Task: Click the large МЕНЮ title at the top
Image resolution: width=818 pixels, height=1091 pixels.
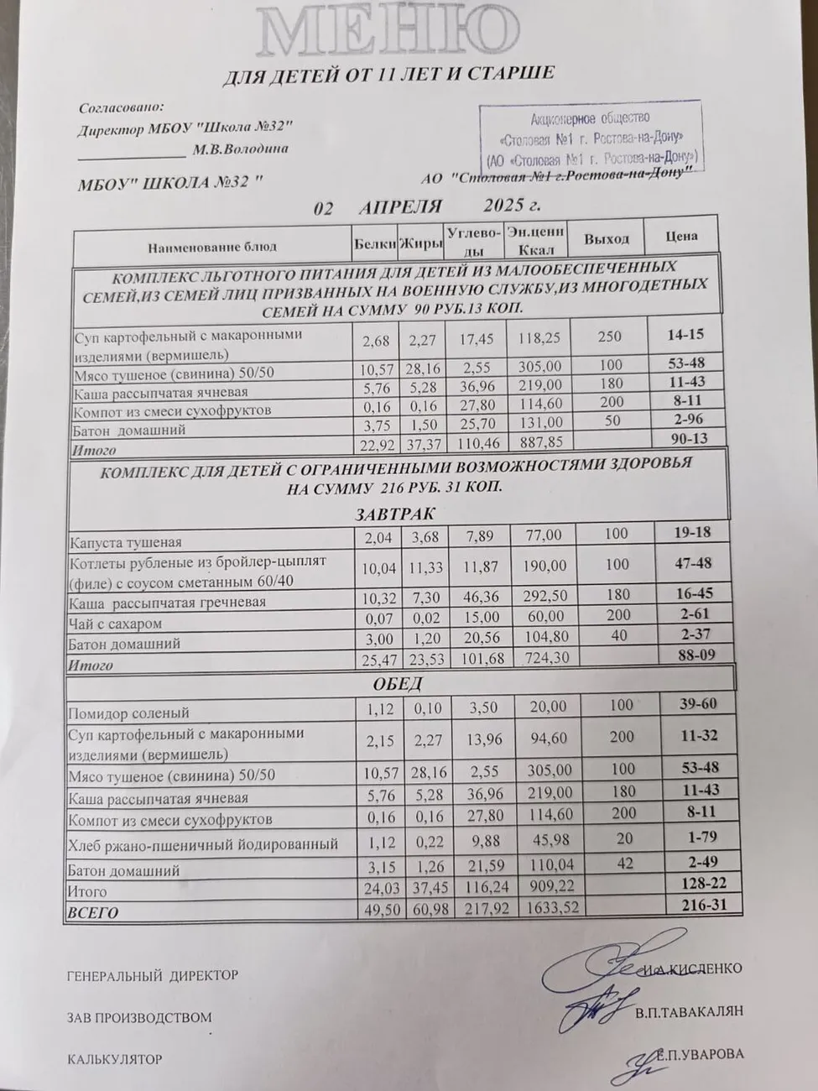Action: coord(388,32)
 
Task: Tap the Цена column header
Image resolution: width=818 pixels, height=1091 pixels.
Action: coord(681,236)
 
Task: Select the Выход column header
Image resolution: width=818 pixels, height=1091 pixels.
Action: coord(607,239)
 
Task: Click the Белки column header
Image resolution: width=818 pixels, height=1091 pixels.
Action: coord(374,244)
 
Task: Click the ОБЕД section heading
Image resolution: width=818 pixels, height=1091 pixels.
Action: coord(398,683)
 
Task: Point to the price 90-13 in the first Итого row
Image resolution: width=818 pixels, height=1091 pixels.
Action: coord(685,440)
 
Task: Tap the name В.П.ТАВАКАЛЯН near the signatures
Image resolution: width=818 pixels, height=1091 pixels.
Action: coord(689,1012)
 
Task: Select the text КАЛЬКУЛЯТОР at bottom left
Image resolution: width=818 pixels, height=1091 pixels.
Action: coord(114,1060)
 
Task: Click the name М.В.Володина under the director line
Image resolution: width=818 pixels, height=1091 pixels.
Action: coord(240,149)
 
